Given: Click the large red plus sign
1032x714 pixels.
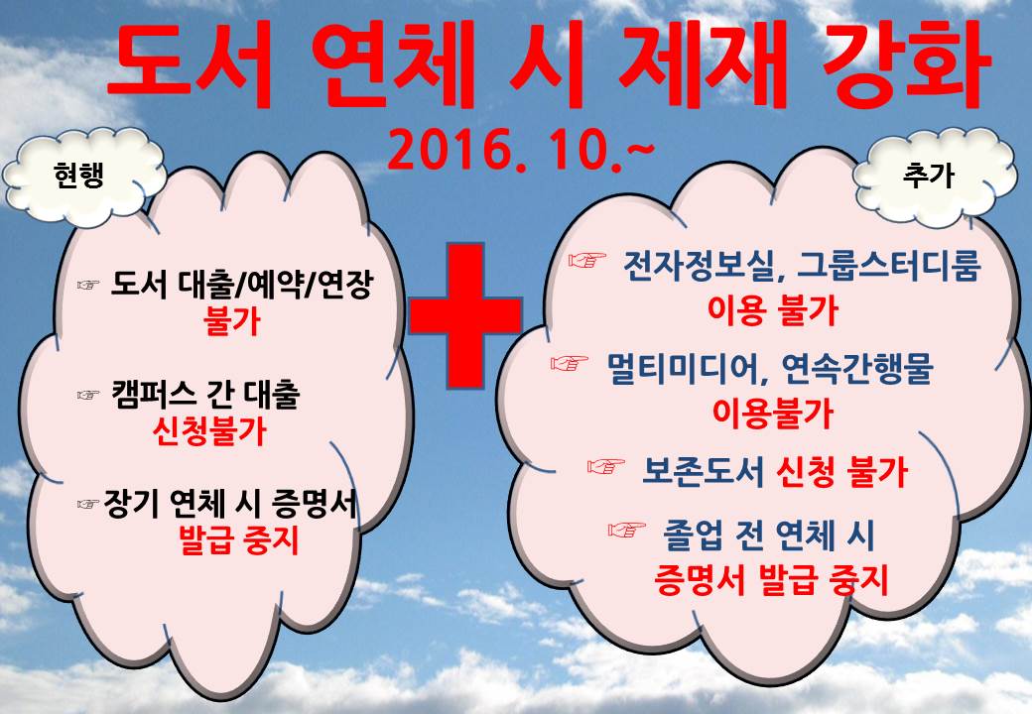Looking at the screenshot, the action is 465,316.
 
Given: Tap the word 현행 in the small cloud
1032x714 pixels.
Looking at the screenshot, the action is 79,175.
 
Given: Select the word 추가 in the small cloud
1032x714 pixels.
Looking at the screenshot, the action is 929,175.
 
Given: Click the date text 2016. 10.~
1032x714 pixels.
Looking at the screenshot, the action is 521,151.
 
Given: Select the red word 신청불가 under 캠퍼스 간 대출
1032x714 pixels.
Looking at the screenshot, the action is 208,432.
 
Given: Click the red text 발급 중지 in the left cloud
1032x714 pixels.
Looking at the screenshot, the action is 239,540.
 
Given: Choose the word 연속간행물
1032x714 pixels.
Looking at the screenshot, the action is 856,369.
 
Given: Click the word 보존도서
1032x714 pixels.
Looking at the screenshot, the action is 703,471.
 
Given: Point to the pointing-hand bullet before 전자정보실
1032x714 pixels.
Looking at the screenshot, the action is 587,261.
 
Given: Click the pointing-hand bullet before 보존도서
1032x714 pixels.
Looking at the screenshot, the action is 605,467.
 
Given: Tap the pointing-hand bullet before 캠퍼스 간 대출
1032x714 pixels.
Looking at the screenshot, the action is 88,395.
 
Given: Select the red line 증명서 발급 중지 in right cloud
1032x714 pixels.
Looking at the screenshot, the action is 771,580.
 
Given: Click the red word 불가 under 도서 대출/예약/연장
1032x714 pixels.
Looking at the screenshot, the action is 231,321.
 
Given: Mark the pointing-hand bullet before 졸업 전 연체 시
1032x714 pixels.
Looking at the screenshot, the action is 626,530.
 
